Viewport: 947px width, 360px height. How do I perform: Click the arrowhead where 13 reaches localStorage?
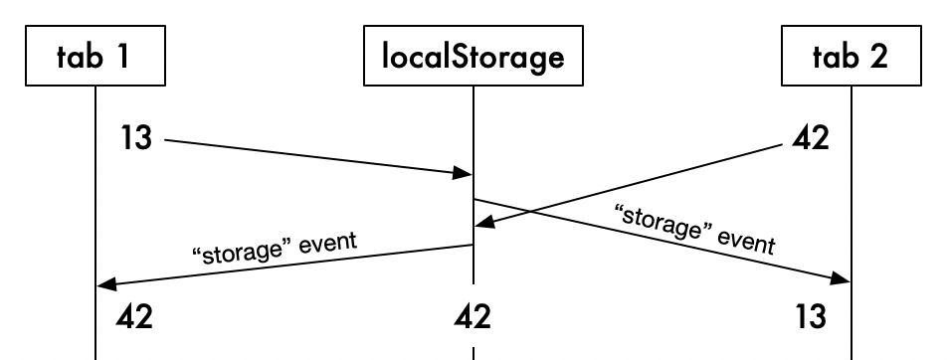464,175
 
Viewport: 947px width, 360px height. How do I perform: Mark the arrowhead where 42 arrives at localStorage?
482,226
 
